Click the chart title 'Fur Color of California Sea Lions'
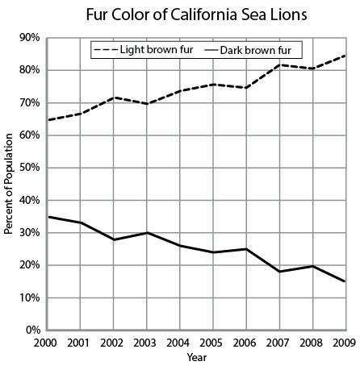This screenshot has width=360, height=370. [x=196, y=15]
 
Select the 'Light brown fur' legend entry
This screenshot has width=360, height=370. [x=144, y=50]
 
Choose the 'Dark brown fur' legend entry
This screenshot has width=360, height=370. [x=248, y=50]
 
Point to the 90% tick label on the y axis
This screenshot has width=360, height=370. [x=29, y=38]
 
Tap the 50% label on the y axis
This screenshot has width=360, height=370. [x=29, y=168]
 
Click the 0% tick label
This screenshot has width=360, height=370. [x=32, y=330]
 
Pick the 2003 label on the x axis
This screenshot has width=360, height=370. [x=144, y=343]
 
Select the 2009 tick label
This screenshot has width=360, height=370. [x=345, y=343]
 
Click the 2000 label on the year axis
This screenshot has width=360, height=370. [x=45, y=343]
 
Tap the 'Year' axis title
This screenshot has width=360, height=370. [x=197, y=358]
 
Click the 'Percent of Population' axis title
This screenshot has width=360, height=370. [x=9, y=184]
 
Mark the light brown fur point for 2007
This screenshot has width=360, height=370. [x=280, y=64]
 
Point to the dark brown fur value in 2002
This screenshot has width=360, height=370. [x=114, y=239]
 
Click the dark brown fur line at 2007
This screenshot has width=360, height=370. [x=280, y=272]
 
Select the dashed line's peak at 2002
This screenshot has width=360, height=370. [x=114, y=98]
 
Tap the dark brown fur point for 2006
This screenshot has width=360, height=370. [x=246, y=249]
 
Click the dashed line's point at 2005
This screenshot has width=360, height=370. [x=213, y=85]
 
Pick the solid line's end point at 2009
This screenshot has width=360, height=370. [x=345, y=281]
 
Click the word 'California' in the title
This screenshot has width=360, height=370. [x=204, y=15]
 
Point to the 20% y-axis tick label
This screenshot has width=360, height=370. [x=29, y=265]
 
